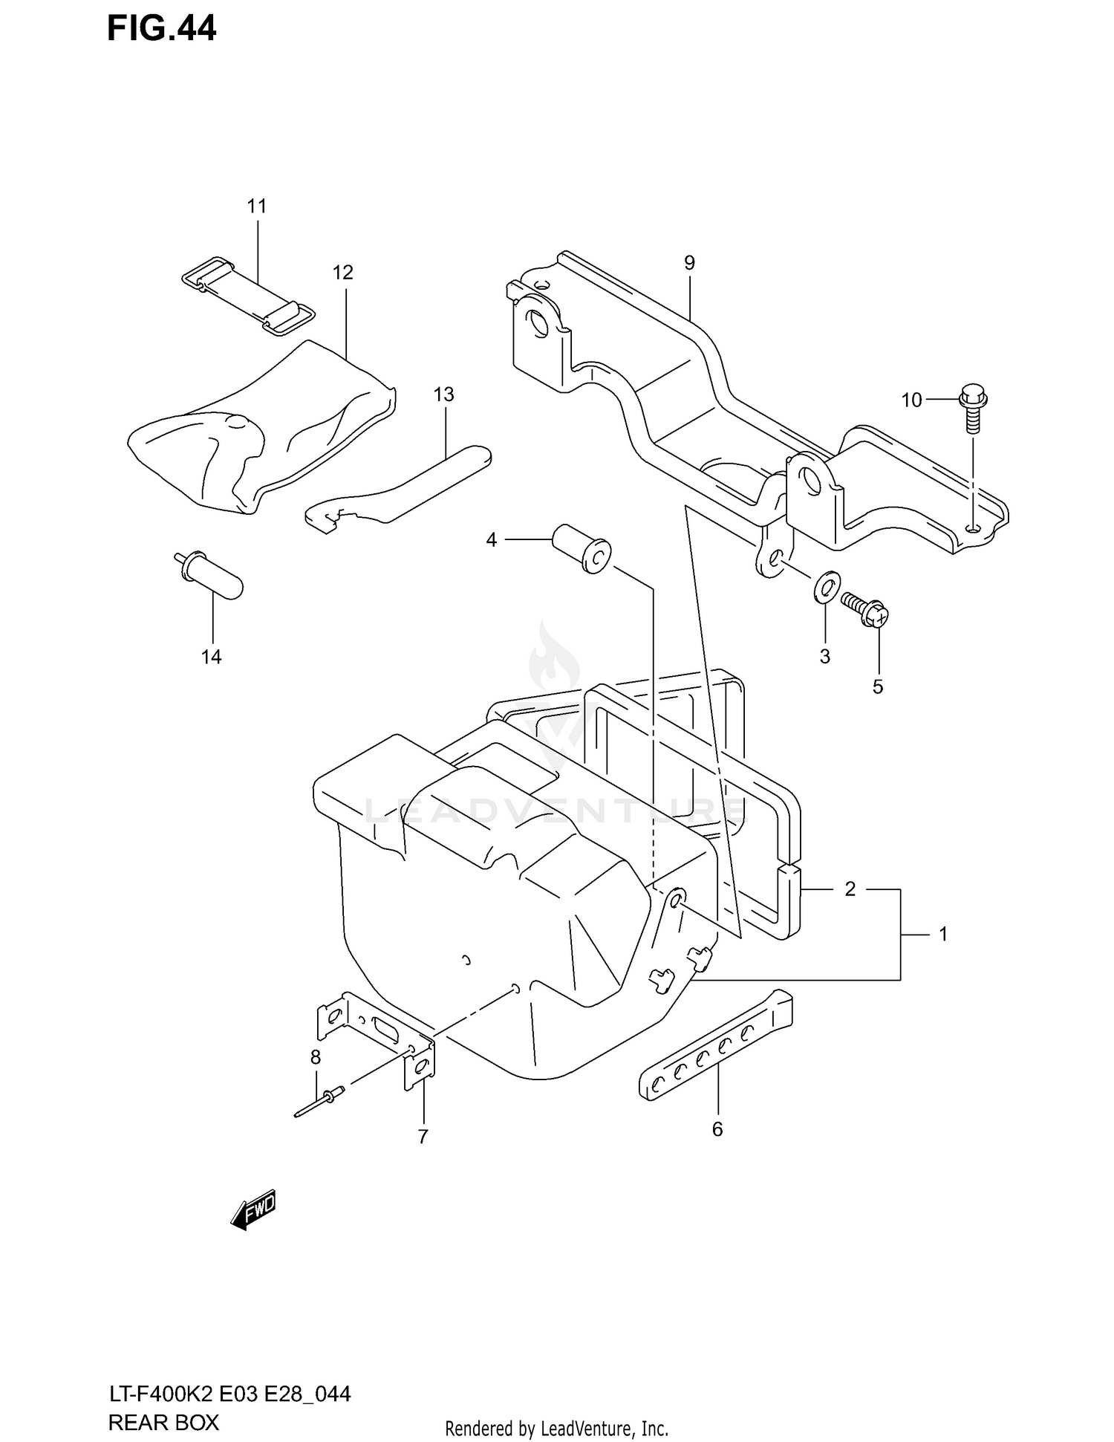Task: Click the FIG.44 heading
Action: pyautogui.click(x=161, y=29)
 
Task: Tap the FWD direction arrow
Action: pyautogui.click(x=253, y=1211)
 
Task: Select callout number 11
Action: pyautogui.click(x=256, y=206)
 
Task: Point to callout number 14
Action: pyautogui.click(x=212, y=657)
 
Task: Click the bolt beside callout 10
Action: pyautogui.click(x=971, y=408)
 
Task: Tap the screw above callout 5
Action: pyautogui.click(x=865, y=606)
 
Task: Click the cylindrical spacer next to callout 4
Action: pyautogui.click(x=581, y=547)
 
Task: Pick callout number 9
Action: pyautogui.click(x=689, y=262)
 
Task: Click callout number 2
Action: pyautogui.click(x=850, y=889)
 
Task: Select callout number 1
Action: pyautogui.click(x=943, y=935)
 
